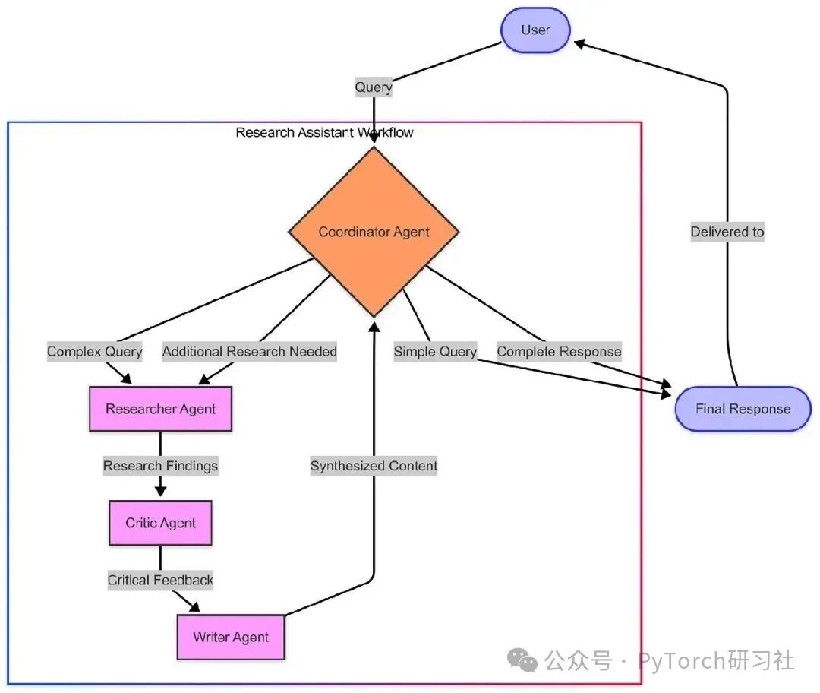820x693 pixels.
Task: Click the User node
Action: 535,30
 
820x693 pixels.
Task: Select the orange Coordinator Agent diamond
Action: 374,232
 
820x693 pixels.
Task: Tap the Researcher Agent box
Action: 160,410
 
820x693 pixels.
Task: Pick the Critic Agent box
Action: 160,523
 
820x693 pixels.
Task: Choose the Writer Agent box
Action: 231,637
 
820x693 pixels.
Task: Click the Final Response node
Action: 743,409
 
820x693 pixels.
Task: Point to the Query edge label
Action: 374,87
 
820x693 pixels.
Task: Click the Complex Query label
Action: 95,352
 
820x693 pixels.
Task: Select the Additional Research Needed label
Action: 250,352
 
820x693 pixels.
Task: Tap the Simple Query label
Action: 435,352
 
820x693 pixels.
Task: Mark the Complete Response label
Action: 559,352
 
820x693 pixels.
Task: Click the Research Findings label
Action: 160,466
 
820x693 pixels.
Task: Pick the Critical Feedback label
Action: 160,580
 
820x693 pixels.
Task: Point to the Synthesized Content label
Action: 374,466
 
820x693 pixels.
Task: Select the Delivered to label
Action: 727,233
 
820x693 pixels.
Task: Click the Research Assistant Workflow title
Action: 324,132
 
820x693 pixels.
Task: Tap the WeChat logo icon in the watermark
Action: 522,660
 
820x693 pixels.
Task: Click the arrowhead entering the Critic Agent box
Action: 160,492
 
